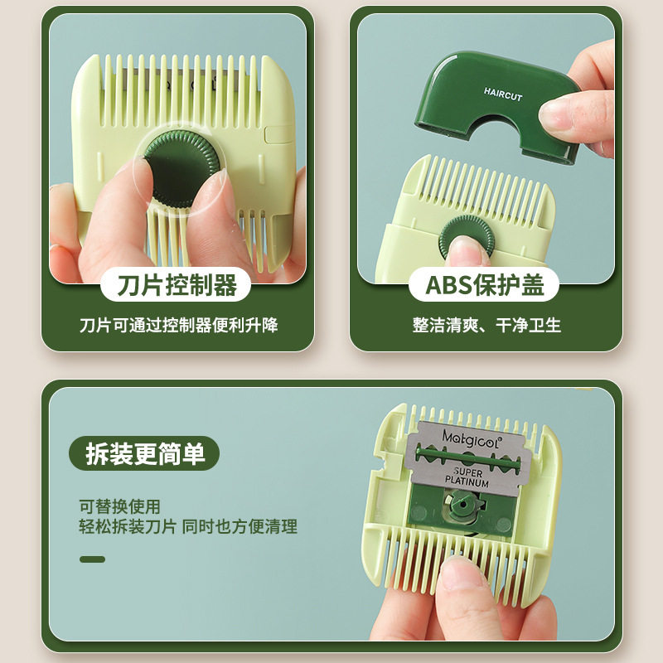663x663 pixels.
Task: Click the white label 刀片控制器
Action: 177,286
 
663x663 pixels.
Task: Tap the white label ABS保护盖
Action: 485,286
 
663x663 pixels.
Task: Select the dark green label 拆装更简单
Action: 144,453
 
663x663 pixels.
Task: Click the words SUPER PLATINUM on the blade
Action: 467,477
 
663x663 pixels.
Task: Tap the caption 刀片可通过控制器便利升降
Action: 178,325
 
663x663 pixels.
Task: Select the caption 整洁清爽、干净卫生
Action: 486,325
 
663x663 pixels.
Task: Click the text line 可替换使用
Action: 119,506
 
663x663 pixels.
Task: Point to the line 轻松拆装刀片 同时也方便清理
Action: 188,526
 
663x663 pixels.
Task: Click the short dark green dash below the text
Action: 92,559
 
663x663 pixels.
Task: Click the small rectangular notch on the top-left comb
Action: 273,133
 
